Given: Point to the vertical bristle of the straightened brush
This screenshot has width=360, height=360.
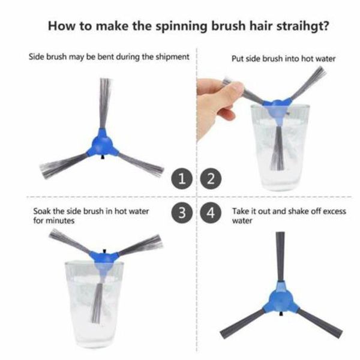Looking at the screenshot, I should click(x=280, y=255).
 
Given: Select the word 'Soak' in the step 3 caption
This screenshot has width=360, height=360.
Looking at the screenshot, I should click(x=43, y=211).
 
